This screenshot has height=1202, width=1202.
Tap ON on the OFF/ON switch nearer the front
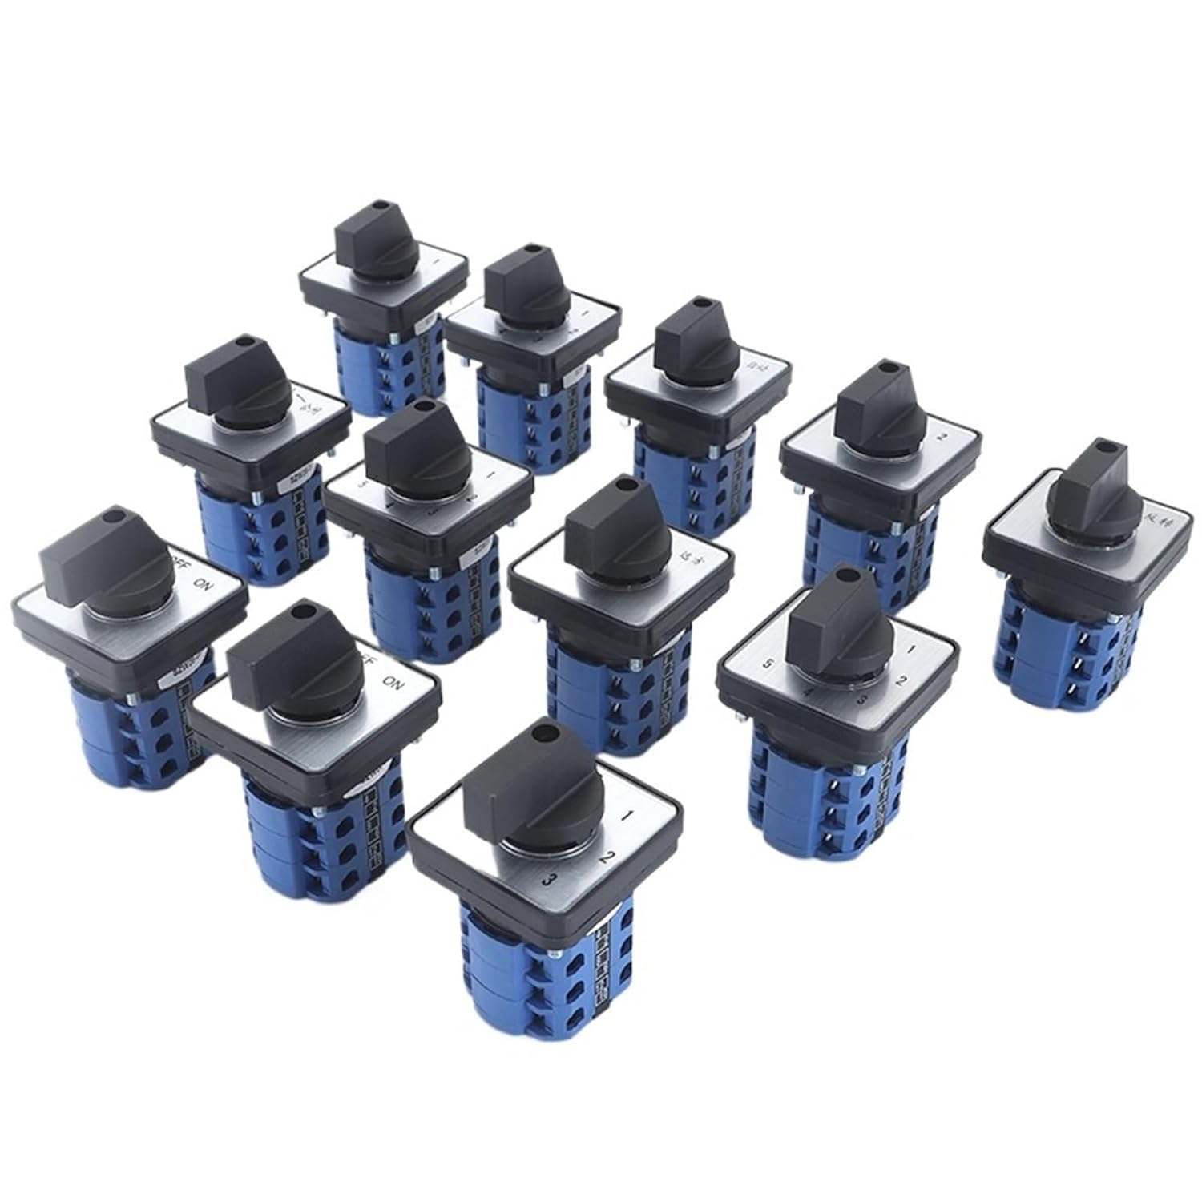coord(393,683)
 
